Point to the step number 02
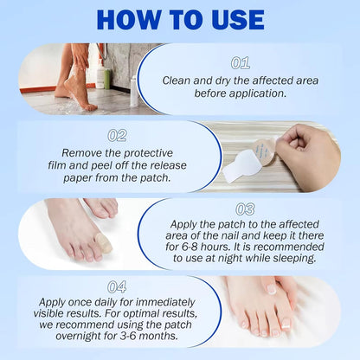(x=119, y=135)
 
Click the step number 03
(x=245, y=209)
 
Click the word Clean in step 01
(x=178, y=80)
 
